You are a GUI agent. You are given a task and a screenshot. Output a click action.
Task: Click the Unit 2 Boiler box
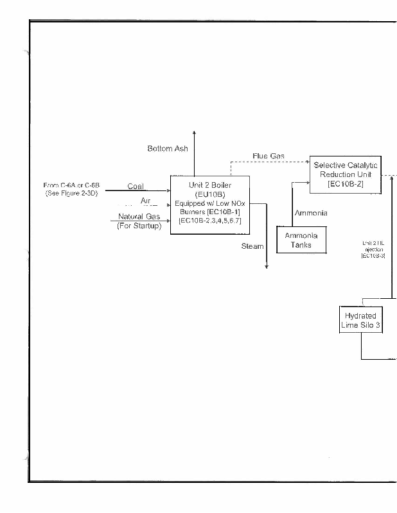click(x=210, y=204)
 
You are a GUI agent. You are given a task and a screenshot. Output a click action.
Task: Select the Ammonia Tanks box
click(x=301, y=239)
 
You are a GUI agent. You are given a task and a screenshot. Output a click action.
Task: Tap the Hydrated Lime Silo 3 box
click(x=360, y=321)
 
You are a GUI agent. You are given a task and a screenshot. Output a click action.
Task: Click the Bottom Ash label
click(x=168, y=149)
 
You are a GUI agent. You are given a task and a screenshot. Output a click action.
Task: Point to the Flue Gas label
click(x=269, y=156)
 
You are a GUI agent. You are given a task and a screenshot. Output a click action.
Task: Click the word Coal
click(x=136, y=187)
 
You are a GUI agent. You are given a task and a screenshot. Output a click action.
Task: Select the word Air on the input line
click(x=145, y=201)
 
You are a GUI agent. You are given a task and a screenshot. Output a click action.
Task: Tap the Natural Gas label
click(x=139, y=217)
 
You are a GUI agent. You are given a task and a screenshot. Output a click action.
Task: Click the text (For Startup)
click(x=139, y=226)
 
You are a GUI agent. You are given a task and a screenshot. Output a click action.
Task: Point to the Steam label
click(x=252, y=246)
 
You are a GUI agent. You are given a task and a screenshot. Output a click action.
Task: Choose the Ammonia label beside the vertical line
click(x=311, y=213)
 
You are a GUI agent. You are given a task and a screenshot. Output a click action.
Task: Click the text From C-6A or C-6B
click(x=71, y=185)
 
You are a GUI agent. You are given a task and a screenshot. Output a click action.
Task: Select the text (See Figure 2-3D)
click(x=71, y=193)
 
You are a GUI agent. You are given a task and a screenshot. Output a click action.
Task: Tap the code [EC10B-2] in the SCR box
click(x=346, y=184)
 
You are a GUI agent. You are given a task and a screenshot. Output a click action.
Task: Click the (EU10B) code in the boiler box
click(x=210, y=194)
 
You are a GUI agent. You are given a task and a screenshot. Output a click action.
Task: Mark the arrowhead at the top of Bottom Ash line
click(x=195, y=133)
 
